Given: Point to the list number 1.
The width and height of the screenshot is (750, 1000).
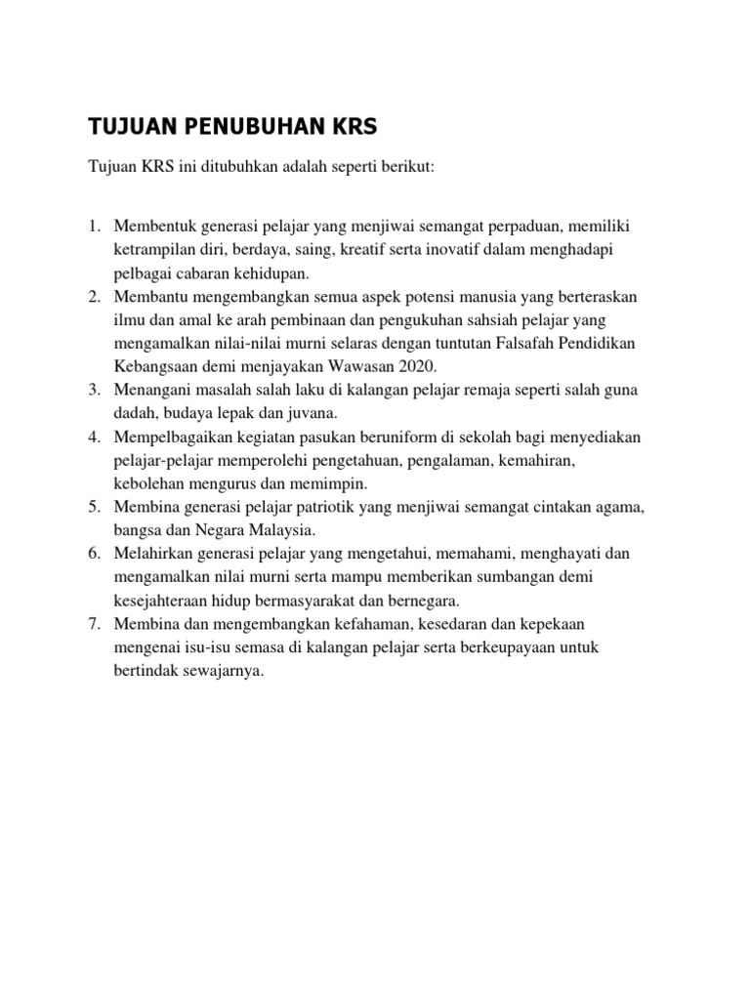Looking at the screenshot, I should coord(95,227).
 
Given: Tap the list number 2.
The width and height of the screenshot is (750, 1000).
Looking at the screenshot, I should coord(95,296).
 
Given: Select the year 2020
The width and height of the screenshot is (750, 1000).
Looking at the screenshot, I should coord(415,366).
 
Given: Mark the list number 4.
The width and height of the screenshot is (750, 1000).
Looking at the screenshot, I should coord(95,437).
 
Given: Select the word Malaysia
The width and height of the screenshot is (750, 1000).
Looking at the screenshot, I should coord(285,530).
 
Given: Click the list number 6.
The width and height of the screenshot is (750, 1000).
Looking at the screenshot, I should coord(95,554).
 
